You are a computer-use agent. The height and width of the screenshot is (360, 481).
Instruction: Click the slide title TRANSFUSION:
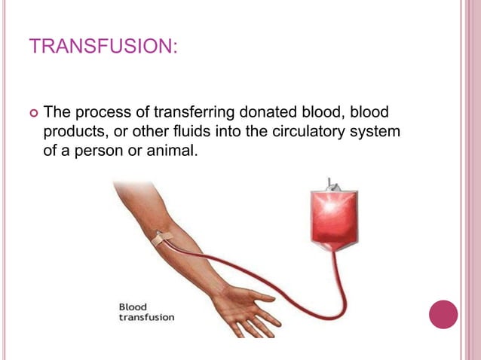[103, 47]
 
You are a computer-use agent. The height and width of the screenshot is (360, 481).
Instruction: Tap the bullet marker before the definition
[32, 114]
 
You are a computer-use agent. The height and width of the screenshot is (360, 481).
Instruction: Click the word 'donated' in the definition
[268, 114]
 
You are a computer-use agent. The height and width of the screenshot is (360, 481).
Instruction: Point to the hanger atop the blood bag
[332, 183]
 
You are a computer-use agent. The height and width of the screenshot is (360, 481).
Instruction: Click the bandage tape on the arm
[162, 240]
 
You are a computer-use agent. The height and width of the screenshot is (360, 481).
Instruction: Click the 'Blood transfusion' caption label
[146, 312]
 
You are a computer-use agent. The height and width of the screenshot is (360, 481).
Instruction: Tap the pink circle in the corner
[443, 314]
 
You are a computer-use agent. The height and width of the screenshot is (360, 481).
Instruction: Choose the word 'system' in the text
[378, 133]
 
